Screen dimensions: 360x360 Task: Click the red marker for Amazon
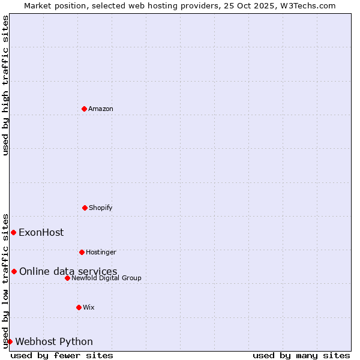coord(84,109)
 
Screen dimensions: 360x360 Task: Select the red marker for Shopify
coord(85,208)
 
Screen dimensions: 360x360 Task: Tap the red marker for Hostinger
coord(82,252)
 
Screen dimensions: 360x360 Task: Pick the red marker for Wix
coord(79,307)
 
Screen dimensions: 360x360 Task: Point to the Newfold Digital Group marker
coord(67,278)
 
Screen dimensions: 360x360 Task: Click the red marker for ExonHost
coord(13,232)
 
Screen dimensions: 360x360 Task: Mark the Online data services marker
coord(14,271)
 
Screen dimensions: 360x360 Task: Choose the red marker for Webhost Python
coord(10,341)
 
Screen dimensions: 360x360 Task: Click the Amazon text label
coord(101,109)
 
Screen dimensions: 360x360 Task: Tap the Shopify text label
coord(101,208)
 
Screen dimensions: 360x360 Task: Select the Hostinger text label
coord(101,252)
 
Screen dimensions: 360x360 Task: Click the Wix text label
coord(89,307)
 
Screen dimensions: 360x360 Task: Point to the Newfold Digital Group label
coord(106,278)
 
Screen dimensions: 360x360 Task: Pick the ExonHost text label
coord(41,232)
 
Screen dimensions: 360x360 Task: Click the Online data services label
coord(68,271)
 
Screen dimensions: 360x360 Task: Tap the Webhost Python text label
coord(54,341)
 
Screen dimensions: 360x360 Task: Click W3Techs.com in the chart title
coord(310,5)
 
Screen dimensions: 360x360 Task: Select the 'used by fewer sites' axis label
coord(62,355)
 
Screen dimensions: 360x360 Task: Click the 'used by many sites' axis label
coord(301,355)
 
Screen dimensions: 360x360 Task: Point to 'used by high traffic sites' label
coord(5,85)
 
